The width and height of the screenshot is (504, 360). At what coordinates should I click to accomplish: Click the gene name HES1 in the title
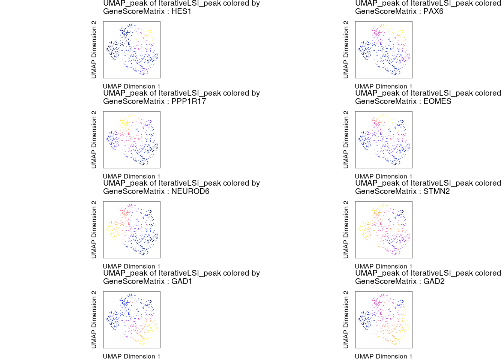pos(181,11)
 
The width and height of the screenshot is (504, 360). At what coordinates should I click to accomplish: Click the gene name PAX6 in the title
pos(433,11)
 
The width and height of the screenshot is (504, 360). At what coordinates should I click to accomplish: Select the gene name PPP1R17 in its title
pos(189,101)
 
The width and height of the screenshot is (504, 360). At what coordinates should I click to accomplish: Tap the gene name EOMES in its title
pos(437,101)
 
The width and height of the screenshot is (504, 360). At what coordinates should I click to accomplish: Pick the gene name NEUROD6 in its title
pos(190,191)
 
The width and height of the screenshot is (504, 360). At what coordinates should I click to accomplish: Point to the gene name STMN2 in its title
pos(436,191)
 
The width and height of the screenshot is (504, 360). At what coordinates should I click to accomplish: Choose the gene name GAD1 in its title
pos(182,281)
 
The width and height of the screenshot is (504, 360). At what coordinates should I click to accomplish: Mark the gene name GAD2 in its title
pos(434,281)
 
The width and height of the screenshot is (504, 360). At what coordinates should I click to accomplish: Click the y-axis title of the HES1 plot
pos(94,49)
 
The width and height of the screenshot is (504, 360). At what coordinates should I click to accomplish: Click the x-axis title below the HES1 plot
pos(132,86)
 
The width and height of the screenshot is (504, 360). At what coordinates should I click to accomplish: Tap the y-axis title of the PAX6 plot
pos(346,49)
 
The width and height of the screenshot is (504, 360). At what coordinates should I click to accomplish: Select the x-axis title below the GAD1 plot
pos(132,356)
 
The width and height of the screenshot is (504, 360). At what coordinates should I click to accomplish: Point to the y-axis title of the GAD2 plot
pos(346,319)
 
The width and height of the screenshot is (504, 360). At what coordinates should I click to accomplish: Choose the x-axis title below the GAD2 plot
pos(384,356)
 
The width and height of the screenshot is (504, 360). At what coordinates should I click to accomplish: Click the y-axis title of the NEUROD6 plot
pos(94,229)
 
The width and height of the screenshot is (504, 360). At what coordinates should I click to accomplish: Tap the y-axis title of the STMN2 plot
pos(346,229)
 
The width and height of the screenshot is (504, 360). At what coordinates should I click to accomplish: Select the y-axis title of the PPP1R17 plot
pos(94,139)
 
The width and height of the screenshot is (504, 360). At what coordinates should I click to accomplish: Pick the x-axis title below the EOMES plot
pos(384,176)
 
